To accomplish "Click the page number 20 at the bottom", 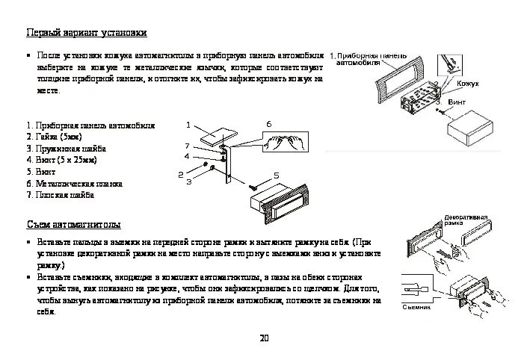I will pos(264,338).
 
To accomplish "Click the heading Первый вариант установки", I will pos(86,34).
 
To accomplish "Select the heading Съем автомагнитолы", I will pos(73,225).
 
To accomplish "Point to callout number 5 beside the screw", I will pos(276,175).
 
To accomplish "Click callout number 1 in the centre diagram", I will pos(188,125).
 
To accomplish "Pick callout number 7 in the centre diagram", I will pos(188,145).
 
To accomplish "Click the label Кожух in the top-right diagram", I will pos(468,84).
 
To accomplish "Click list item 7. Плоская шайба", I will pos(60,195).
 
